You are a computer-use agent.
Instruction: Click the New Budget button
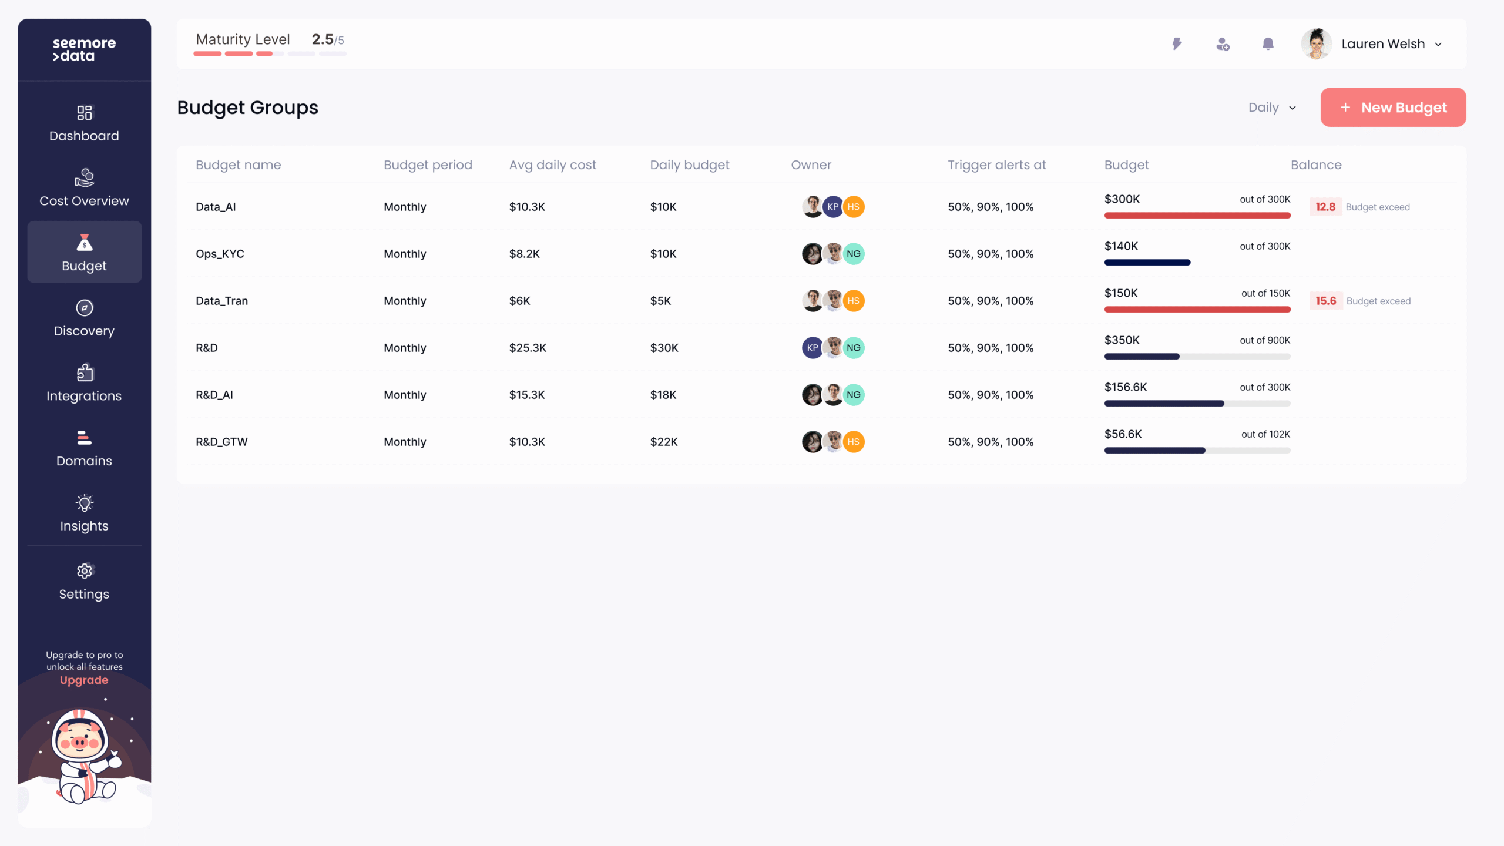[1392, 108]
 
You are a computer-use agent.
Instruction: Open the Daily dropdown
[1272, 108]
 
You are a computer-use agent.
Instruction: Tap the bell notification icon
[1268, 44]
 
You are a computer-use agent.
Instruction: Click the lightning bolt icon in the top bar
[1177, 44]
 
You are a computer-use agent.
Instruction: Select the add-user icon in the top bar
[1223, 44]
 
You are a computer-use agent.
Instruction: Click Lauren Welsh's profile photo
[1316, 44]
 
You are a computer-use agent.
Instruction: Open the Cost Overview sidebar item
[84, 189]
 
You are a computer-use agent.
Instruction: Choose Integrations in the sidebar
[84, 384]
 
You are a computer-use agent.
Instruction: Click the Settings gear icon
[85, 570]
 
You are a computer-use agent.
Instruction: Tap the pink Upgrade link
[84, 680]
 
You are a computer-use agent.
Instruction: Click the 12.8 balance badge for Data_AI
[1325, 207]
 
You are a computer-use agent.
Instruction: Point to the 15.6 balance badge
[1325, 301]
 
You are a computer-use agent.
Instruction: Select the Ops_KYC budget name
[220, 254]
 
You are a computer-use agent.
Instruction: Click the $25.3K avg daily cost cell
[527, 348]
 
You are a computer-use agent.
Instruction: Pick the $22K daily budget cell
[663, 442]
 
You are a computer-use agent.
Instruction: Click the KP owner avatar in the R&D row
[812, 348]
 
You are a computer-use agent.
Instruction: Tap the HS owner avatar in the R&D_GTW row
[853, 442]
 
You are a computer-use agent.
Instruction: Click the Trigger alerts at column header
[996, 165]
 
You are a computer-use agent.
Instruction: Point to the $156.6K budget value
[1125, 387]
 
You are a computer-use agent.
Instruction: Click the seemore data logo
[84, 49]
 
